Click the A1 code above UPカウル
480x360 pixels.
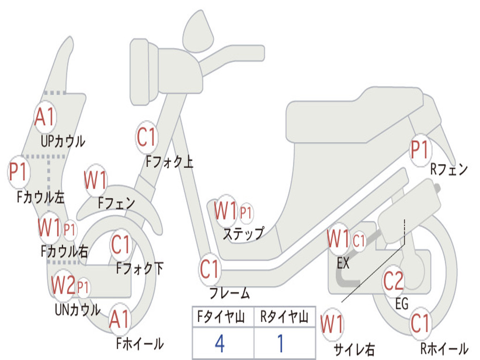(45, 117)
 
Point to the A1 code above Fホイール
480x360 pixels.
(120, 320)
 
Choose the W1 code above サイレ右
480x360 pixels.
(332, 324)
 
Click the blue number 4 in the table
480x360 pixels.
(219, 344)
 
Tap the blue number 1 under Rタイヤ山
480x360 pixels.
(280, 344)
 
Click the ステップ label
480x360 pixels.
(243, 233)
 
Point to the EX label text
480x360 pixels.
(343, 263)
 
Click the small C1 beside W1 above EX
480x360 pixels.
(359, 241)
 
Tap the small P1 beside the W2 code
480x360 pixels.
(83, 287)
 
